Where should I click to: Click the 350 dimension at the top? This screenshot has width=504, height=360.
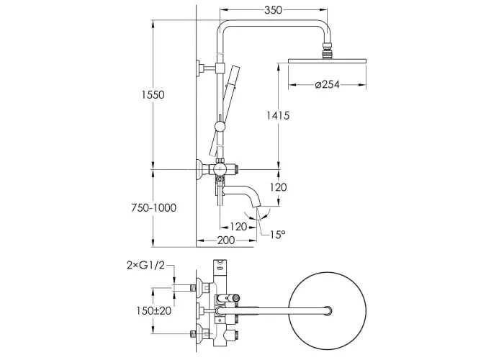coord(273,10)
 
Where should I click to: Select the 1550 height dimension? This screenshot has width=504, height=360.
coord(153,95)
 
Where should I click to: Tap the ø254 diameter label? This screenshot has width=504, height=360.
coord(327,84)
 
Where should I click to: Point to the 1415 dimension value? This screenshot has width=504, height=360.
coord(278,115)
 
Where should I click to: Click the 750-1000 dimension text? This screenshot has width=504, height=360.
coord(153,208)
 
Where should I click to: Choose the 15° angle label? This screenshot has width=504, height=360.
coord(277,235)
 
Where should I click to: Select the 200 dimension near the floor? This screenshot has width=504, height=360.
coord(225,240)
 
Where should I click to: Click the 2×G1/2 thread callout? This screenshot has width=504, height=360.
coord(146,265)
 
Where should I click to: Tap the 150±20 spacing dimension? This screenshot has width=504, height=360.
coord(153,311)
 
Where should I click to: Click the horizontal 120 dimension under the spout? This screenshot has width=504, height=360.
coord(238,227)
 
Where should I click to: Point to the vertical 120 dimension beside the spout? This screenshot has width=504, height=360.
coord(278,187)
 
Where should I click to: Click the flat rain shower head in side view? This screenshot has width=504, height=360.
coord(327,61)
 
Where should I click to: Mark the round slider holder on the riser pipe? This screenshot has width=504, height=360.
coord(220,126)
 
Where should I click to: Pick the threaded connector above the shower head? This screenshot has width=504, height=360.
coord(327,50)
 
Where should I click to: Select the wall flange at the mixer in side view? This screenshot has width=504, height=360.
coord(201,169)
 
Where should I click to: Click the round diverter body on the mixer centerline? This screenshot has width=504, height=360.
coord(220,169)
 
